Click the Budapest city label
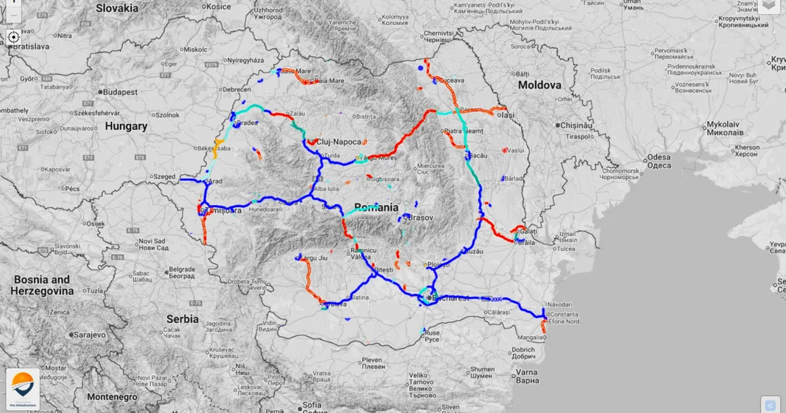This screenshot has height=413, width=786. click(121, 92)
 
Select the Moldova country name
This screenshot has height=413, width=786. click(540, 85)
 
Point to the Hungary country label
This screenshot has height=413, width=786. click(126, 127)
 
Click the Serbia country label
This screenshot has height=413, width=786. click(182, 319)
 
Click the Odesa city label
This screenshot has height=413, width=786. click(659, 161)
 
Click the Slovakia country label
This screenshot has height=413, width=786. click(117, 8)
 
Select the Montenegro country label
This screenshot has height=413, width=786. click(112, 397)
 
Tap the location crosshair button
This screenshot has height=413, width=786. click(13, 37)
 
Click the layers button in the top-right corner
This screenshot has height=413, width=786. click(769, 6)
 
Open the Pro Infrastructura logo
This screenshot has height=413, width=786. click(23, 388)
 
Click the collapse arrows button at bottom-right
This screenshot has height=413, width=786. click(770, 405)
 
